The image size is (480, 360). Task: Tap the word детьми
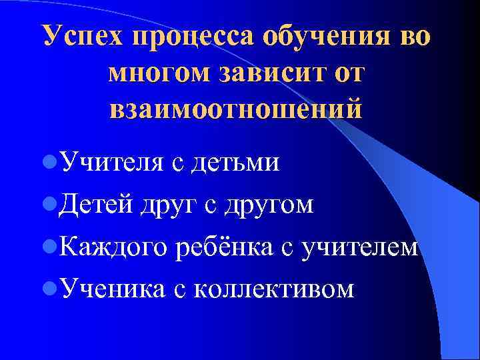(x=235, y=162)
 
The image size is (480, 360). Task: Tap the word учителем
(x=361, y=247)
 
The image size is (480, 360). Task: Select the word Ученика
(x=110, y=289)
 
